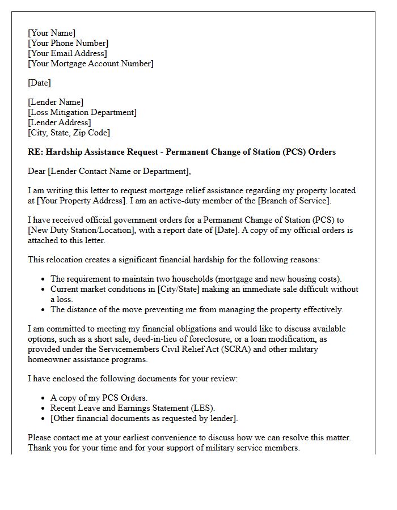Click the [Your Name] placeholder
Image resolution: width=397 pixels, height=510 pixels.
pyautogui.click(x=52, y=33)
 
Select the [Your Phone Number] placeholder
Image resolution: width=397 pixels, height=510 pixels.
pyautogui.click(x=68, y=43)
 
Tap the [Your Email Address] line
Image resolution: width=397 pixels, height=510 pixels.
pyautogui.click(x=67, y=53)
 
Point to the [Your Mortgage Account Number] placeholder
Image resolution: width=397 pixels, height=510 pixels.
pyautogui.click(x=91, y=63)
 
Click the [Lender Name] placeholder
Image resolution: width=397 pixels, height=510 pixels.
pyautogui.click(x=56, y=102)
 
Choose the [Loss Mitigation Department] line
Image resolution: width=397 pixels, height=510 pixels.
pyautogui.click(x=82, y=112)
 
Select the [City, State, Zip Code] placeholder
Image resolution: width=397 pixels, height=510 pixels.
pyautogui.click(x=69, y=133)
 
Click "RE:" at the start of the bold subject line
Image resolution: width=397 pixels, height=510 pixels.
pyautogui.click(x=35, y=152)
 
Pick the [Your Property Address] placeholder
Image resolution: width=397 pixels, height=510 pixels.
pyautogui.click(x=84, y=201)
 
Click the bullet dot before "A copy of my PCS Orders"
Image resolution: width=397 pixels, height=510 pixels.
pyautogui.click(x=44, y=398)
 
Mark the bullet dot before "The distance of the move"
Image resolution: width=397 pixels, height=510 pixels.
pyautogui.click(x=44, y=310)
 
